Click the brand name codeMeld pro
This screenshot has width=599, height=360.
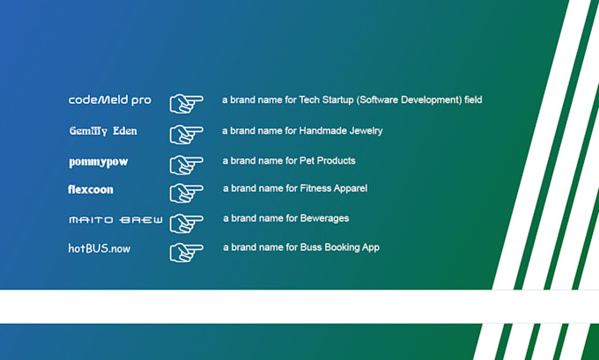tap(110, 100)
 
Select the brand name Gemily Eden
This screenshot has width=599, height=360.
tap(103, 131)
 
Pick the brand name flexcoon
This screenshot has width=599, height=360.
tap(91, 189)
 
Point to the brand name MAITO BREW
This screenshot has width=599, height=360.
tap(115, 219)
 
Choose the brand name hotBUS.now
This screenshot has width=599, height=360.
tap(100, 248)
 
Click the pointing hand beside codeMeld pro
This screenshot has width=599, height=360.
tap(186, 103)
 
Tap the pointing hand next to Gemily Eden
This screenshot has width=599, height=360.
tap(186, 134)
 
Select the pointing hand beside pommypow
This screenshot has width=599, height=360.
tap(186, 165)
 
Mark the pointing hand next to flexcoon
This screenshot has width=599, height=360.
tap(186, 193)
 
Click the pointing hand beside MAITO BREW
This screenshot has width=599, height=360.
tap(186, 223)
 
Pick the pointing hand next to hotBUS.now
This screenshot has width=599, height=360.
tap(186, 252)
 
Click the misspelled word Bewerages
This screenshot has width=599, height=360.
tap(324, 218)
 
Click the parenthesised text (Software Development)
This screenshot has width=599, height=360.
tap(409, 100)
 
